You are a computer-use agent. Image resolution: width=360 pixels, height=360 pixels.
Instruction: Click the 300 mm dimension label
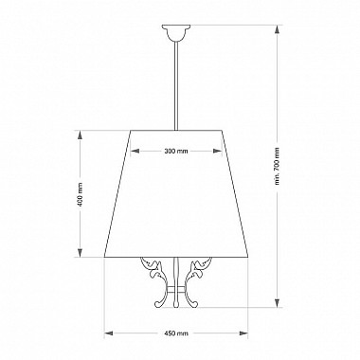[176, 151]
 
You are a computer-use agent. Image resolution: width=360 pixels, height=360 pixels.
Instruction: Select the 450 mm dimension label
[176, 333]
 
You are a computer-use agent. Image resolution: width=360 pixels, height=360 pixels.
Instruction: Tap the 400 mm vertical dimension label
[81, 194]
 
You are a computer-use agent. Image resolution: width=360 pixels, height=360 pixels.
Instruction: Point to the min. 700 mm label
[278, 166]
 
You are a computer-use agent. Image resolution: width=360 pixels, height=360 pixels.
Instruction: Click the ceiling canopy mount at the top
[176, 33]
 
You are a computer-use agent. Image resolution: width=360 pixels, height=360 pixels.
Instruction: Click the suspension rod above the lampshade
[176, 86]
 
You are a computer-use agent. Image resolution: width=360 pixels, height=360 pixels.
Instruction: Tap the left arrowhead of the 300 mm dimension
[135, 151]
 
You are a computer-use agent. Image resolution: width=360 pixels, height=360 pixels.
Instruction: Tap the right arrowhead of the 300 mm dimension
[217, 151]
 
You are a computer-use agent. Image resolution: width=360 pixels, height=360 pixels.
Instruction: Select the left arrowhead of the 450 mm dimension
[109, 333]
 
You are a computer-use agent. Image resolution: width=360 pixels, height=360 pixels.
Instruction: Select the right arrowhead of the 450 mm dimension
[243, 333]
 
